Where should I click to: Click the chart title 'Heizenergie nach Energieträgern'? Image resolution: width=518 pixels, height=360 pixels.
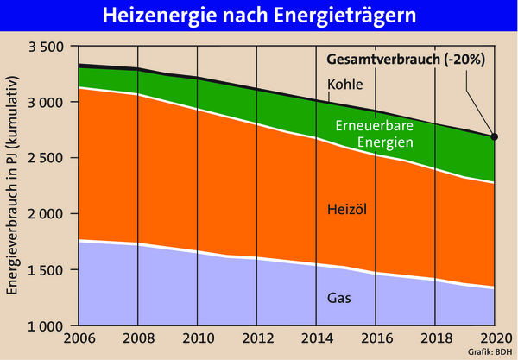259,17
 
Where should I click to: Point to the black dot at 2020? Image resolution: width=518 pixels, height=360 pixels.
494,136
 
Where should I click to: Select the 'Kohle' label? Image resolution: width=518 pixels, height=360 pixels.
344,85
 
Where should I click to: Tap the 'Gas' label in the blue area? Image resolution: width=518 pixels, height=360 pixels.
338,299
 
